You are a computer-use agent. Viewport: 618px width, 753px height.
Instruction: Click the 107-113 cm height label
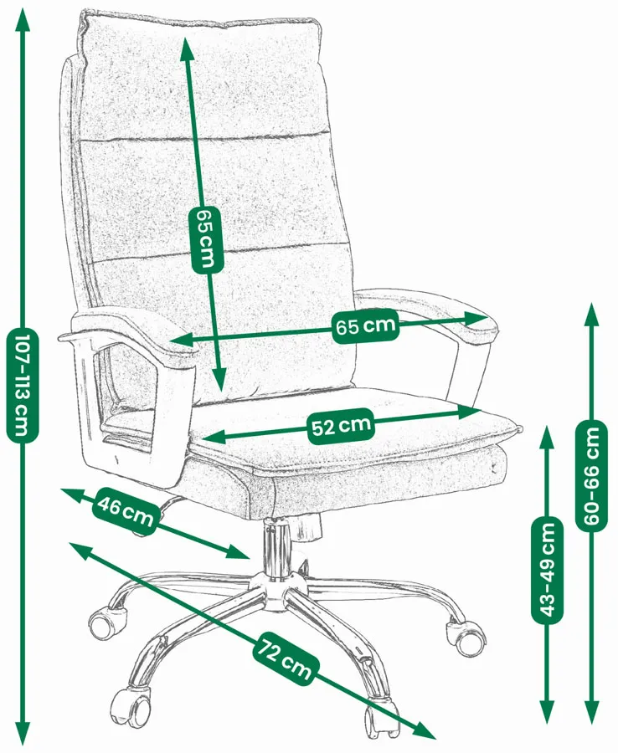pos(22,385)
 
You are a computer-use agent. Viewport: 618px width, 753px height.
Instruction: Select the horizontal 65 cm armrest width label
pos(366,325)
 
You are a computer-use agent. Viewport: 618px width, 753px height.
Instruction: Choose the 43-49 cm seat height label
pos(548,569)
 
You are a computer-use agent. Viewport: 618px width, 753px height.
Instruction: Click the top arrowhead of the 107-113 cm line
pos(23,21)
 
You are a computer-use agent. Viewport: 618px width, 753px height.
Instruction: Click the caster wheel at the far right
pos(466,638)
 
